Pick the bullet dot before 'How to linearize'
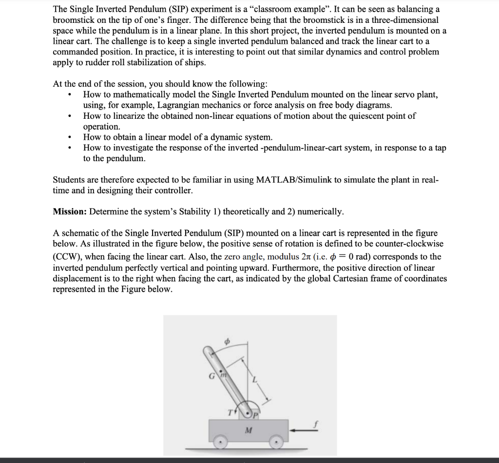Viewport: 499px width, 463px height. tap(72, 116)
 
